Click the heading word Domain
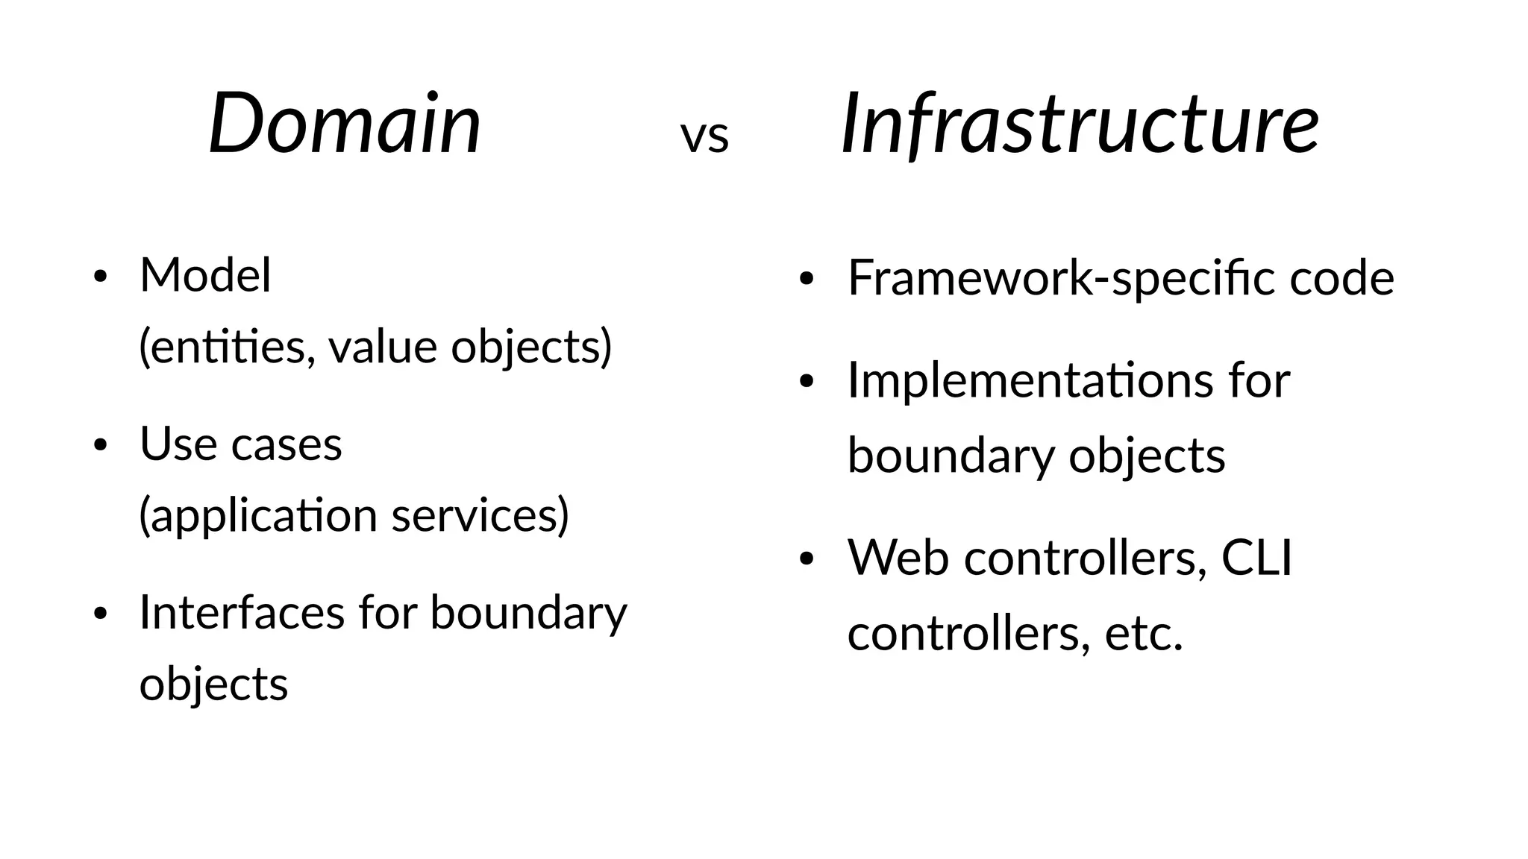pos(345,123)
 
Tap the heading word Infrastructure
pos(1080,123)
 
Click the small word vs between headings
pos(704,137)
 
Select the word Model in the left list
pos(205,275)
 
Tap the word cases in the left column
pos(286,445)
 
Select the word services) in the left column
pos(480,516)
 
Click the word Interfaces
pos(242,612)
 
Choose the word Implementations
pos(1027,380)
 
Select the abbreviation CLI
pos(1256,557)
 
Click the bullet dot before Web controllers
pos(805,559)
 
